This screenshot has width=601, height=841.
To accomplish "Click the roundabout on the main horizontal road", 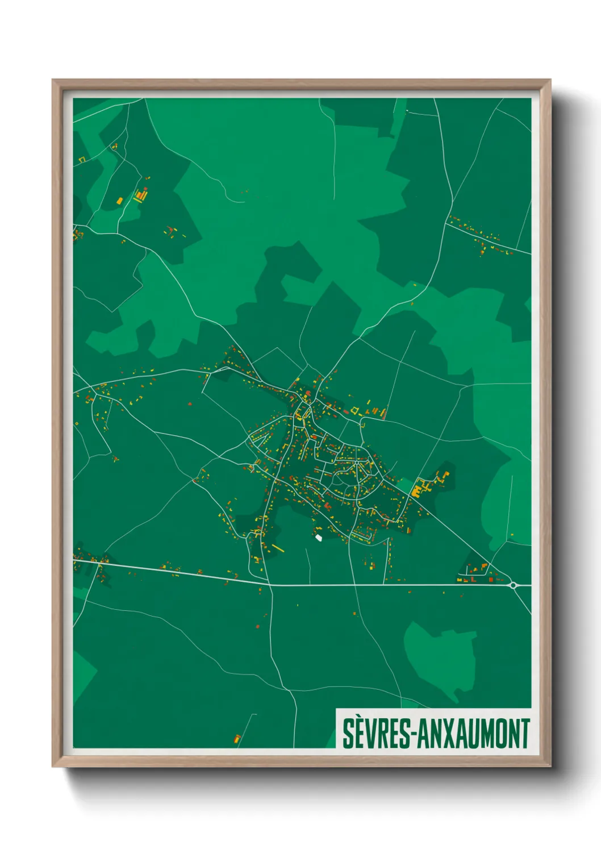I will click(514, 585).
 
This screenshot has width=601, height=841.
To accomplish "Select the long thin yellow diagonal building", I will click(277, 548).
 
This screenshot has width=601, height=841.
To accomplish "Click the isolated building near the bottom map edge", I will click(237, 739).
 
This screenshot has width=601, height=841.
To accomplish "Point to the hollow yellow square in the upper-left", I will click(81, 160).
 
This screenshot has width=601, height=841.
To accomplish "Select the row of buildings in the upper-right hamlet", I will click(480, 235).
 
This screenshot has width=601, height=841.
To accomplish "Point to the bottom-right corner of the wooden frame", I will click(550, 766).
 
